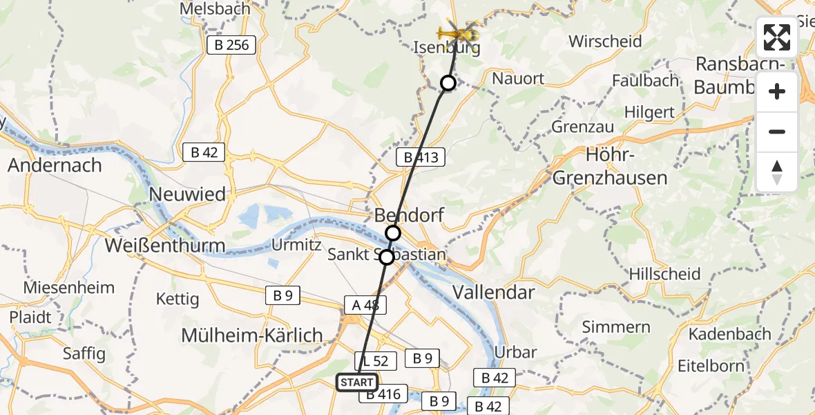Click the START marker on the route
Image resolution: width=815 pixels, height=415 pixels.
click(x=357, y=382)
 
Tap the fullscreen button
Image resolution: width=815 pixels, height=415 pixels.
click(x=777, y=38)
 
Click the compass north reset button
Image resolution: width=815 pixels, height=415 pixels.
click(x=777, y=172)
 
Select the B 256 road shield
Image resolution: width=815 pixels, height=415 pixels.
click(x=231, y=46)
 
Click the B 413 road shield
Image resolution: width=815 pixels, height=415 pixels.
click(x=421, y=157)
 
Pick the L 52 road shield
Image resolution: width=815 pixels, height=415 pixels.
click(x=376, y=360)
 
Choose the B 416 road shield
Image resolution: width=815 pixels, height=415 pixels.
click(x=383, y=395)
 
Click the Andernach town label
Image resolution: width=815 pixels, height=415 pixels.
click(x=55, y=165)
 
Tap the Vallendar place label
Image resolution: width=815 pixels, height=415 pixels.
click(x=493, y=292)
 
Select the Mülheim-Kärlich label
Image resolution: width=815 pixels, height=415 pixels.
click(x=251, y=335)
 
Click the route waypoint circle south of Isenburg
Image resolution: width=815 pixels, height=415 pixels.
click(x=448, y=83)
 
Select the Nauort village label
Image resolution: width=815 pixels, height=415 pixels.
click(x=518, y=79)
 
